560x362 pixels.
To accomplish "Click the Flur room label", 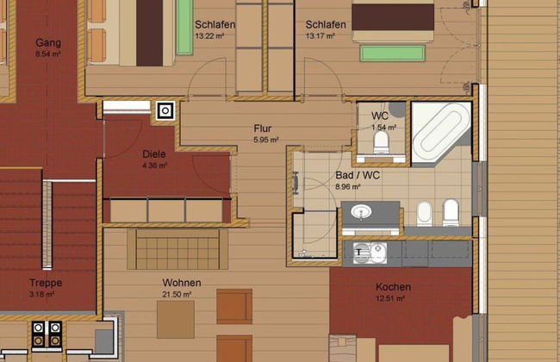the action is [x=263, y=128].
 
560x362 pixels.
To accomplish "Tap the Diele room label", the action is [x=154, y=154].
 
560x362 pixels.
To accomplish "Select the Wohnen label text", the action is [x=182, y=283].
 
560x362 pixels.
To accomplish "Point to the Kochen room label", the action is [x=393, y=287].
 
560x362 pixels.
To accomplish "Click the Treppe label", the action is [x=46, y=283].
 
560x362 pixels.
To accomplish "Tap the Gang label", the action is [x=48, y=43].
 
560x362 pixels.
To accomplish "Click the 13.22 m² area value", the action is [x=209, y=36].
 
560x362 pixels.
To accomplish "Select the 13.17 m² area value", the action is [x=320, y=36].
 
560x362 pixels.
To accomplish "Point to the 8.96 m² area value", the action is [x=347, y=186].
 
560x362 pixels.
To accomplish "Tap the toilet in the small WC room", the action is [x=381, y=143].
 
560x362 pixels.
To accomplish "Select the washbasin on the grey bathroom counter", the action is [x=361, y=212].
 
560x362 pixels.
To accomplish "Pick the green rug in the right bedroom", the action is [x=393, y=53].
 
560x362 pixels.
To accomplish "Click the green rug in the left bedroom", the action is [x=184, y=28].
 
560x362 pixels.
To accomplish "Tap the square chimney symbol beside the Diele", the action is [x=165, y=111].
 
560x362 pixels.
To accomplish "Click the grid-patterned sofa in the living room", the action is [x=177, y=249].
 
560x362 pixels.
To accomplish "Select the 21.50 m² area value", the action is [x=177, y=294].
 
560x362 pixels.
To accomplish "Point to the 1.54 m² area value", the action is [x=384, y=128].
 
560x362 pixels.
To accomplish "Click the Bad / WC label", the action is [x=358, y=175].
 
